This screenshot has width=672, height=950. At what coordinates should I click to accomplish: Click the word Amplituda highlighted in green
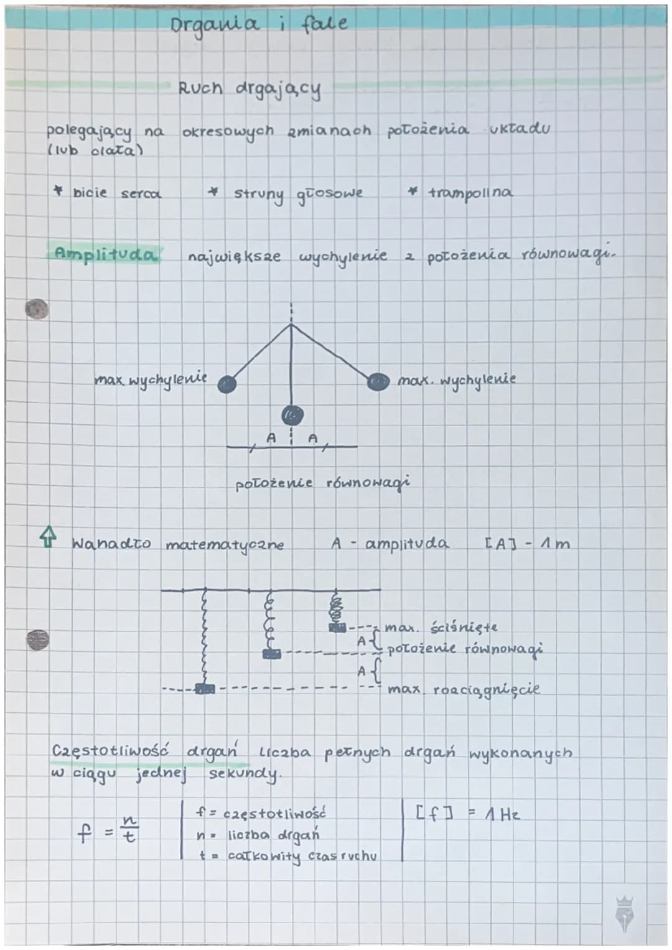point(105,254)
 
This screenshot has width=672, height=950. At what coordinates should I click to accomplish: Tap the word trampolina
point(470,193)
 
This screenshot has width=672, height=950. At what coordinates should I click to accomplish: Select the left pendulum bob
point(227,384)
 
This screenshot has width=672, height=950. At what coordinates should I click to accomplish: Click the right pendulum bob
point(378,381)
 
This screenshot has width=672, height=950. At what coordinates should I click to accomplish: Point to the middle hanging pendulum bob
point(292,415)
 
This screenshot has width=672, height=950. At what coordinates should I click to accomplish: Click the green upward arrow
point(47,536)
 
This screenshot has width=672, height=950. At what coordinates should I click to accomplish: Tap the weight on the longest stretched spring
point(205,689)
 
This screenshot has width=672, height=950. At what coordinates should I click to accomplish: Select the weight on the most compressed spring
point(338,628)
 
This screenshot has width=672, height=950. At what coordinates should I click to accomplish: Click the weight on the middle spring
point(271,654)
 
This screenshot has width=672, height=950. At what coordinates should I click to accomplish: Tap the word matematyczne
point(225,545)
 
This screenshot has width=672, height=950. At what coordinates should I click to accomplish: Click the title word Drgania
point(214,26)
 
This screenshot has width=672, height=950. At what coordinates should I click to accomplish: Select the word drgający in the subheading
point(278,90)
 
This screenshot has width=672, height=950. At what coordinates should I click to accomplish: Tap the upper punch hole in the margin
point(37,309)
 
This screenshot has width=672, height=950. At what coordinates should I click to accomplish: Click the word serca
point(141,194)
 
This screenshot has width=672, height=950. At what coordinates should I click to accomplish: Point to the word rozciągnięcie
point(487,691)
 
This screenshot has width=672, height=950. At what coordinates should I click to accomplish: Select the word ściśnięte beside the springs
point(464,628)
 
